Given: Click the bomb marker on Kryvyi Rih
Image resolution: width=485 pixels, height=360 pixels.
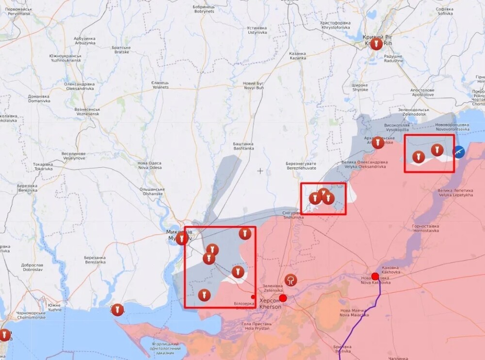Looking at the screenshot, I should click(376, 45).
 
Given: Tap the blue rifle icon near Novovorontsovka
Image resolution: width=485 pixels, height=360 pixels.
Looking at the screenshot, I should click(459, 152).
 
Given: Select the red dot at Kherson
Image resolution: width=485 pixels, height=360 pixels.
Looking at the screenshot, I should click(283, 298).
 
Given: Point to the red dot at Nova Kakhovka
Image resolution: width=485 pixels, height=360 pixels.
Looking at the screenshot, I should click(375, 276).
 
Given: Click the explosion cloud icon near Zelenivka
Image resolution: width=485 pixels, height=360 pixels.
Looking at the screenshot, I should click(291, 280).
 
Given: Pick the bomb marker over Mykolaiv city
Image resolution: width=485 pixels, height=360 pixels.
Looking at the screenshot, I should click(182, 238).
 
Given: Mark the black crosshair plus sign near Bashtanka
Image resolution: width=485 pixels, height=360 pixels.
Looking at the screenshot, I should click(260, 171).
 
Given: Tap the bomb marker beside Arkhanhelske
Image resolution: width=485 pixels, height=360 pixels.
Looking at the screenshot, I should click(378, 142).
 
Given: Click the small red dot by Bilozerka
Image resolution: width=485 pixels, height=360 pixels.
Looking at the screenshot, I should click(253, 297).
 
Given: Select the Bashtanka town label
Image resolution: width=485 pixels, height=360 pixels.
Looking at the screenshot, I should click(243, 146).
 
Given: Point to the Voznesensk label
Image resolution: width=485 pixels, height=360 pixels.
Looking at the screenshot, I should click(87, 112).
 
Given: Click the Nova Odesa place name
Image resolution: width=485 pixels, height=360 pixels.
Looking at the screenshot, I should click(150, 165).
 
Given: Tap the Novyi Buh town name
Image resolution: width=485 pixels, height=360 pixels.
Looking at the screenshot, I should click(253, 86).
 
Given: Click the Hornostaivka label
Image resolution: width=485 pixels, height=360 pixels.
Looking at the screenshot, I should click(425, 228).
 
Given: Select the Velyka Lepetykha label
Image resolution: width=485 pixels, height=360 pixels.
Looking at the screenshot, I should click(454, 193).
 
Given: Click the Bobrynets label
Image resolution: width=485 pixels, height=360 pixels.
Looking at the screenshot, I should click(204, 9).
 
